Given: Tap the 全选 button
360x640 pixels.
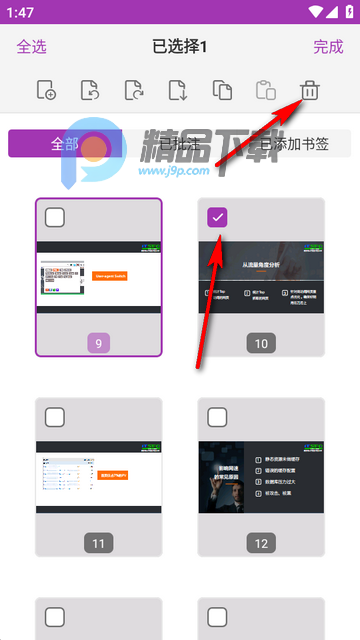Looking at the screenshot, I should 32,46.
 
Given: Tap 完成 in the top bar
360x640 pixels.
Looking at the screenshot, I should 328,46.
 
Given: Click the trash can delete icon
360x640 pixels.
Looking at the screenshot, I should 310,91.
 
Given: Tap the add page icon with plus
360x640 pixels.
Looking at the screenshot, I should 46,91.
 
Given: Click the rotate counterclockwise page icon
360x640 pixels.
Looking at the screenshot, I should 90,91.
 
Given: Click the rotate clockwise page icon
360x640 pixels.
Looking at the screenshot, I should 134,91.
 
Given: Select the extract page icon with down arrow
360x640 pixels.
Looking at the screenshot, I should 178,91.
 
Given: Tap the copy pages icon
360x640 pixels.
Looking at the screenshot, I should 222,91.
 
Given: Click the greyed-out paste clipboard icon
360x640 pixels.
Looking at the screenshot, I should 266,91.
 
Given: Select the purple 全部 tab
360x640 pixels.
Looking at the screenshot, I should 65,143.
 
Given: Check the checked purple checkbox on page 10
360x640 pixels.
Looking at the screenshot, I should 218,217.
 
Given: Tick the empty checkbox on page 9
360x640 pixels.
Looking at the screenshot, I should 55,217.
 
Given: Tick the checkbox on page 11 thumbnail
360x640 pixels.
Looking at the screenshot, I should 55,417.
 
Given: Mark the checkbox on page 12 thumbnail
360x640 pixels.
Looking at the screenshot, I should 218,417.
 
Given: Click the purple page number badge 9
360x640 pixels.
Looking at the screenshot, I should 98,343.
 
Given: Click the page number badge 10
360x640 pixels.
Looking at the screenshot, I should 261,343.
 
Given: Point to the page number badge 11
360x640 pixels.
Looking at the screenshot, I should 98,543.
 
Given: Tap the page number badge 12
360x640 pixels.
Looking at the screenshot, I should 261,543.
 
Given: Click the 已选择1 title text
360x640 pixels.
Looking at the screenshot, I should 180,46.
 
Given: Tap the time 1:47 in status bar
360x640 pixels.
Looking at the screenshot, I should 19,11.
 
